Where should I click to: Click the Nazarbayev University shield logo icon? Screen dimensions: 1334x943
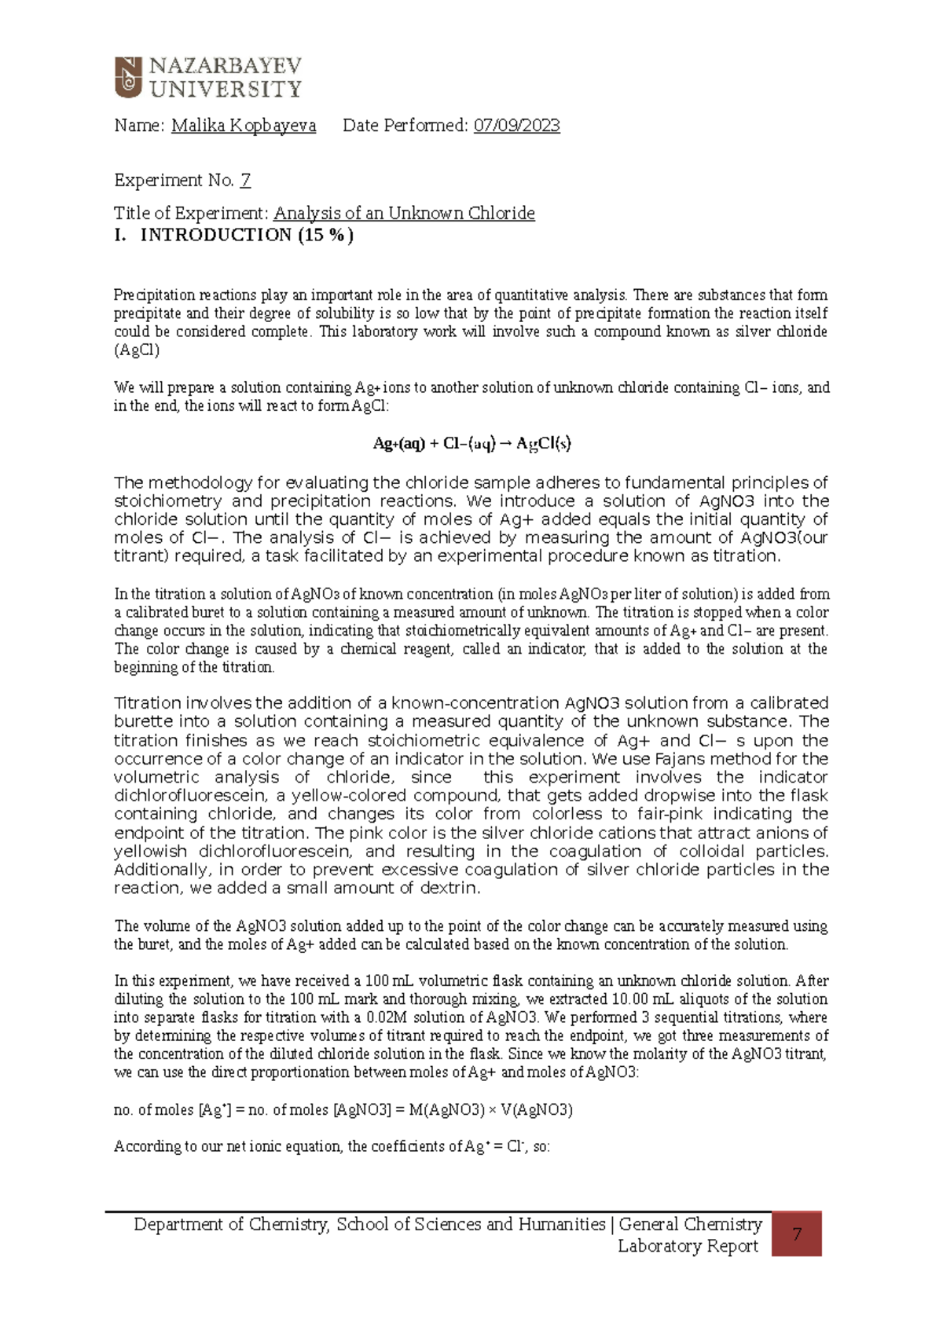point(128,77)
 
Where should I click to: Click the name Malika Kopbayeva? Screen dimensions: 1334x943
point(244,126)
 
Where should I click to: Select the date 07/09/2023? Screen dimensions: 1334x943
point(516,126)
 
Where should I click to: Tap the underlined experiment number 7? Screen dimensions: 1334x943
point(245,181)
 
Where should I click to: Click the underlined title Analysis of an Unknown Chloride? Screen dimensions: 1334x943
point(404,214)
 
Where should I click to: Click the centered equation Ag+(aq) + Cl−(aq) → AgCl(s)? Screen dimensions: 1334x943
point(472,444)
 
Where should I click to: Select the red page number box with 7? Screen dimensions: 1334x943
point(796,1234)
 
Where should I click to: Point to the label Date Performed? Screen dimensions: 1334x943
point(405,126)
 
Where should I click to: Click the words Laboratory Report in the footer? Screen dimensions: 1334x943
point(688,1246)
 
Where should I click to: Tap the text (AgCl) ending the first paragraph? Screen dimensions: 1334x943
point(137,350)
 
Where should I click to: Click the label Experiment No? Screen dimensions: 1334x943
point(174,181)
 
